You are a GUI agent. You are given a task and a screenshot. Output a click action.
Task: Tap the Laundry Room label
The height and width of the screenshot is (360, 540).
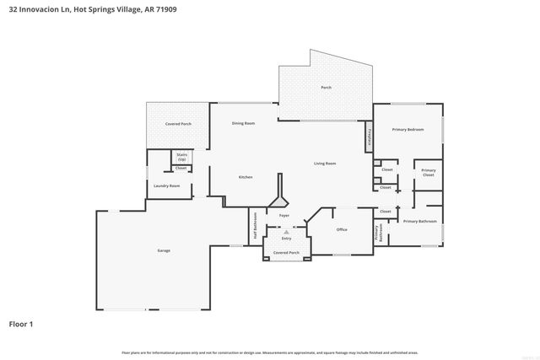point(166,185)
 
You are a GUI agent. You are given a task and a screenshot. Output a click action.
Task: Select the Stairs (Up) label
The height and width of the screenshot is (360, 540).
point(181,157)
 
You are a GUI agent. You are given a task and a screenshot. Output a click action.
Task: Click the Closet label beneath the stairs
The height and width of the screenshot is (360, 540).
point(181,168)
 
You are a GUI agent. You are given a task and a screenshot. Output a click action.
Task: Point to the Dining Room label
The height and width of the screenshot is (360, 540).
point(244,124)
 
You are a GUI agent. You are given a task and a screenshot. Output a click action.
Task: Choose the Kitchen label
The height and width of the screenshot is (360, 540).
point(246,177)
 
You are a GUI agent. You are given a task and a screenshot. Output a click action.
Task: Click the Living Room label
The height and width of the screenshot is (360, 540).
point(325,164)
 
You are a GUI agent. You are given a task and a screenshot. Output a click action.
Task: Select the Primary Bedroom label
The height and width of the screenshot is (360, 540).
point(408,129)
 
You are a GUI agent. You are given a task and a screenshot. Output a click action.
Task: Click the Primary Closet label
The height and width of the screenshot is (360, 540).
point(429,173)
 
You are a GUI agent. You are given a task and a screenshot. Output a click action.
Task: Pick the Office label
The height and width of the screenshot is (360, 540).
point(342,229)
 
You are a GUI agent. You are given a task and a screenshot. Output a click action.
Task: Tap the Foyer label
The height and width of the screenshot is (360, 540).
point(284,216)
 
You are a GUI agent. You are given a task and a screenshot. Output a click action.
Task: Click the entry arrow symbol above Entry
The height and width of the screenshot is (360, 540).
point(286,230)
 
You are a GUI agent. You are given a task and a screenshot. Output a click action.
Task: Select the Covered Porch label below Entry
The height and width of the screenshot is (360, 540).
point(286,252)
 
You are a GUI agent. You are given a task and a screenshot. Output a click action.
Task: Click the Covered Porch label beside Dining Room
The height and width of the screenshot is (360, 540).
point(178,124)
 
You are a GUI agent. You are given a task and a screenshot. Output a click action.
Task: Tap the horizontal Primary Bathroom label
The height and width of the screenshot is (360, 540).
point(419,221)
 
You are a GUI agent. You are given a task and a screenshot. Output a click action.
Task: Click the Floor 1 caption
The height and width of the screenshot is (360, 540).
point(22,324)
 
